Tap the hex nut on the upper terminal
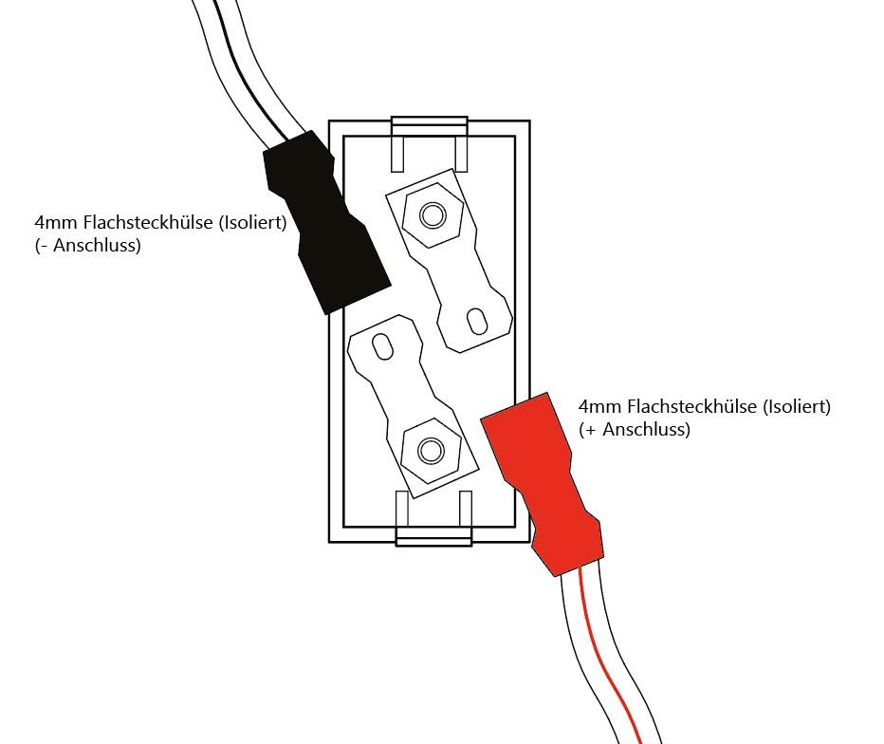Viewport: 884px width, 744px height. (433, 214)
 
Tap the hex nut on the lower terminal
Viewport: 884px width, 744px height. (431, 451)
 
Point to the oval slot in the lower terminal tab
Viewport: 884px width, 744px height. (383, 346)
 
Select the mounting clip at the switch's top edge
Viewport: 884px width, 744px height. (430, 144)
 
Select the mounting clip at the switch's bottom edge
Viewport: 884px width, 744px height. (433, 518)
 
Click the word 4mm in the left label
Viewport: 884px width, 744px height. (56, 222)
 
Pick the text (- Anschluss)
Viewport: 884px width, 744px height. (88, 246)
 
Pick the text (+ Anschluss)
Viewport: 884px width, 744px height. (635, 430)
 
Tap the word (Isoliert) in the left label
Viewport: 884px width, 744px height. (252, 222)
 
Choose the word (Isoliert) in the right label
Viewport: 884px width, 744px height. (797, 406)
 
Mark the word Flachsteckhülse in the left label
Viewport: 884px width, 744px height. (148, 222)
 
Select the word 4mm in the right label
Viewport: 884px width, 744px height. (600, 407)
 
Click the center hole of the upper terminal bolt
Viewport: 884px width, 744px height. (433, 214)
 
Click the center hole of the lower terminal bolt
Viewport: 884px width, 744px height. (431, 451)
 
